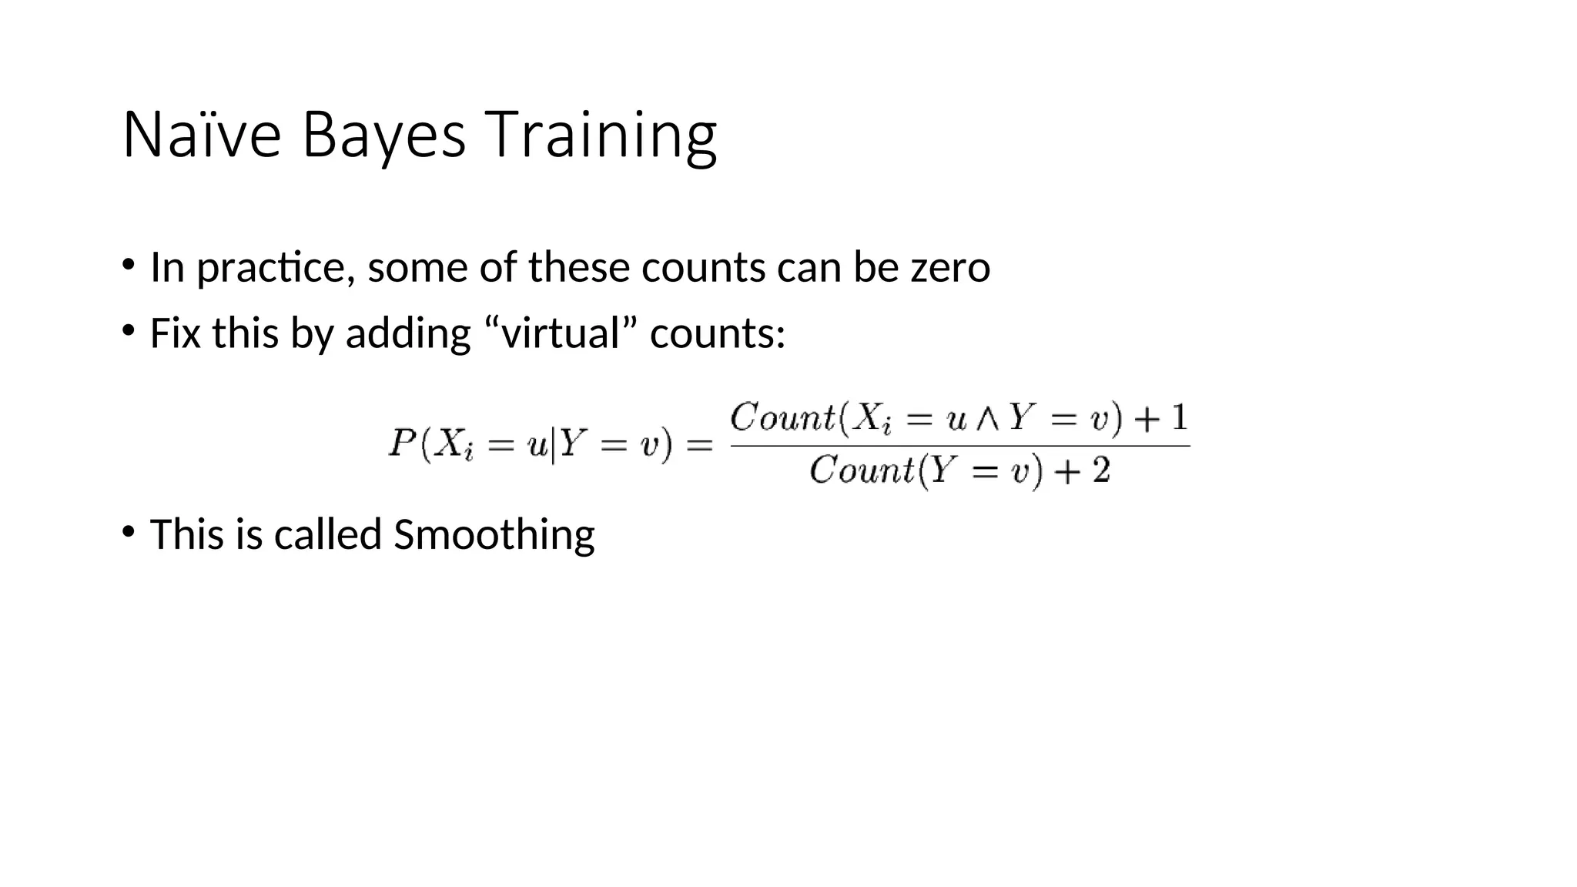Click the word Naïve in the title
(x=202, y=135)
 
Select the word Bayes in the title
(x=383, y=135)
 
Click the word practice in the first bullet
(x=276, y=268)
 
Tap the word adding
(x=408, y=333)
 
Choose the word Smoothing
(x=494, y=534)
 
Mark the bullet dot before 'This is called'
(x=129, y=531)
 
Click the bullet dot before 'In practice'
(x=129, y=265)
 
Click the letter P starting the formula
(x=402, y=443)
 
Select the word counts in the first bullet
(x=703, y=268)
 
